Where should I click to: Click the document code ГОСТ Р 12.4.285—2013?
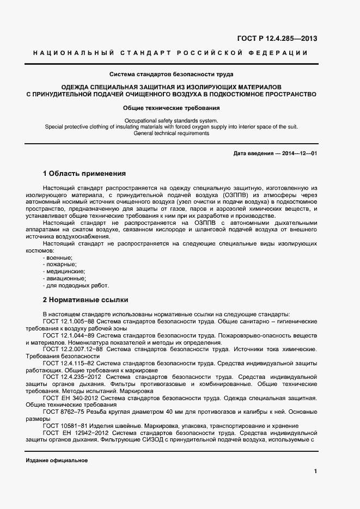[x=277, y=38]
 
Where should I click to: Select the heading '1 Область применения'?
[x=84, y=174]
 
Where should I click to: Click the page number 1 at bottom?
[x=315, y=471]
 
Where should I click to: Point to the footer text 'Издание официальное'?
[x=57, y=461]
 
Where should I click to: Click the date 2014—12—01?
[x=300, y=154]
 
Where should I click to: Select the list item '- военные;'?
[x=58, y=257]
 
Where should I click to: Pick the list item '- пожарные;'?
[x=59, y=264]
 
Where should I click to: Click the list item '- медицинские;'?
[x=64, y=271]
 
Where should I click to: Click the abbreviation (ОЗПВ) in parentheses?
[x=222, y=194]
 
